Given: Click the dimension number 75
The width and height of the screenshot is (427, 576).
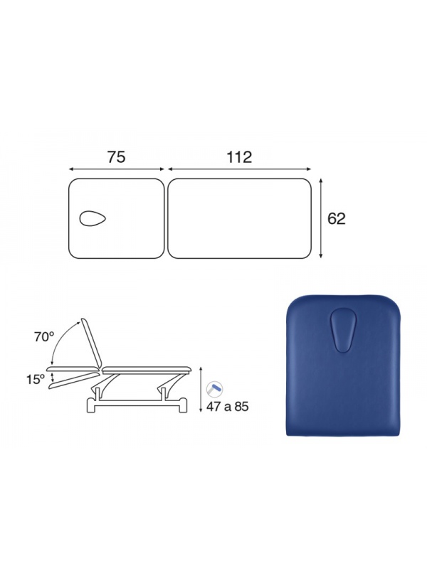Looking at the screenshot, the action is pyautogui.click(x=116, y=157).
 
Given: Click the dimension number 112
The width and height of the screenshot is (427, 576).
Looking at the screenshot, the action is pyautogui.click(x=239, y=157).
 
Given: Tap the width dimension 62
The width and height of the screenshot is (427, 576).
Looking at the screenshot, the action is pyautogui.click(x=336, y=218).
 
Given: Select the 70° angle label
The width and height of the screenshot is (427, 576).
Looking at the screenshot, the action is pyautogui.click(x=44, y=336).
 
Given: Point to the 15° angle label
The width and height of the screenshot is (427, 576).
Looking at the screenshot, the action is pyautogui.click(x=36, y=380).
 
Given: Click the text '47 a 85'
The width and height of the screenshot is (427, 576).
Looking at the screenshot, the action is pyautogui.click(x=227, y=407).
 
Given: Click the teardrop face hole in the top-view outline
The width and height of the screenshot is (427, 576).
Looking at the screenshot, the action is pyautogui.click(x=93, y=218).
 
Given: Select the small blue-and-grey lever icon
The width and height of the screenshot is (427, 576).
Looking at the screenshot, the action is pyautogui.click(x=214, y=389).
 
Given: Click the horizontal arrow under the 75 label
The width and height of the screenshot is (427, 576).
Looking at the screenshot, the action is pyautogui.click(x=117, y=169).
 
